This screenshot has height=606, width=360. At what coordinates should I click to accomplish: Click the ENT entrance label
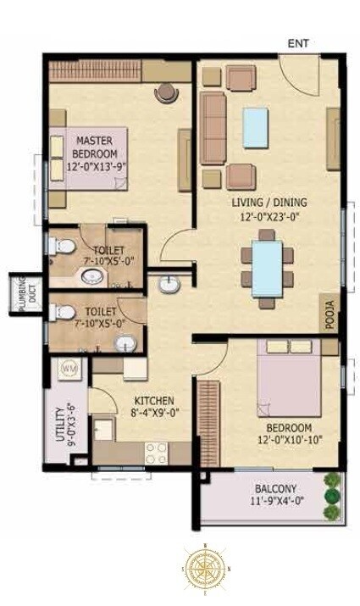[x=298, y=42]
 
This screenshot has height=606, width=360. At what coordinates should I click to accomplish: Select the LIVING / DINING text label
[x=270, y=203]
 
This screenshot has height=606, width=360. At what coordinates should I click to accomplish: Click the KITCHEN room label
[x=153, y=400]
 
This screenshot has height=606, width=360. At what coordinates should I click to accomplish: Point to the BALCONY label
[x=275, y=489]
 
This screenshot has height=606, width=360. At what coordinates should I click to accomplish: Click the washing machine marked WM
[x=69, y=370]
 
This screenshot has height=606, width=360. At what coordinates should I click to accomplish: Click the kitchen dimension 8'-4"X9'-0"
[x=153, y=414]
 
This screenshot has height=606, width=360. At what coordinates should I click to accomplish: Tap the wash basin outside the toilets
[x=169, y=285]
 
